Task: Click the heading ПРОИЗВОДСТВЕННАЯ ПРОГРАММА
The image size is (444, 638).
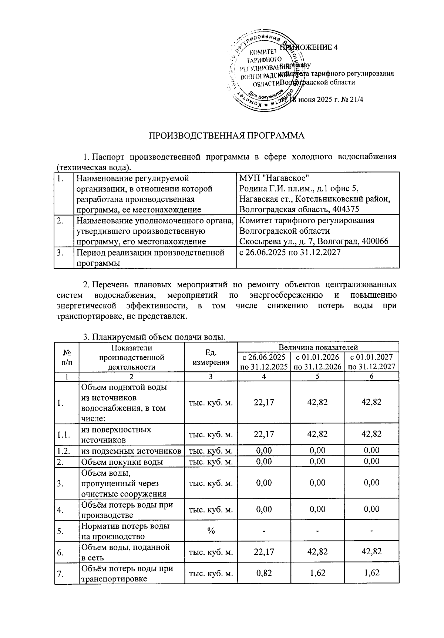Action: coord(226,136)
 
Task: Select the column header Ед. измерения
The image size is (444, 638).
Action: coord(211,357)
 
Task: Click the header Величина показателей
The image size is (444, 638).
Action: coord(318,347)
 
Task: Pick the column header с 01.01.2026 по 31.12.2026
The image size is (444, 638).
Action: coord(317,362)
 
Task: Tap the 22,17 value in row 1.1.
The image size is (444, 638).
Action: coord(264,434)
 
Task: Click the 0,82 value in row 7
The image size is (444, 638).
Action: coord(264,573)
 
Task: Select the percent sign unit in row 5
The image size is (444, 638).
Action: coord(211,531)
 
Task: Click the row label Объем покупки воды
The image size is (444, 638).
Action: coord(122,462)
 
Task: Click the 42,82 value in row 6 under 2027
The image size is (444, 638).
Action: coord(371,552)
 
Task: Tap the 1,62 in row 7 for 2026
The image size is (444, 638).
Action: coord(317,573)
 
